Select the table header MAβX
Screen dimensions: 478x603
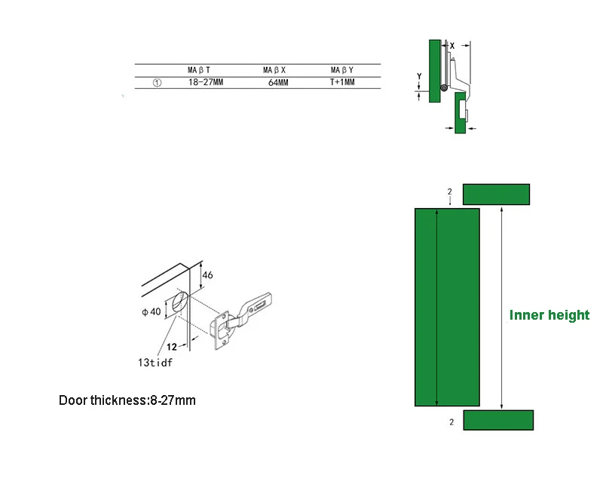point(274,70)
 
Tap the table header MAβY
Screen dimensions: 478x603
point(342,70)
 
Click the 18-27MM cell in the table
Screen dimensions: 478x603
point(206,82)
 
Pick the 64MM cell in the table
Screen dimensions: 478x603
point(278,83)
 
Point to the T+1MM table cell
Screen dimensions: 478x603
point(342,82)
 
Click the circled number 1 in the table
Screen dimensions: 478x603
point(156,83)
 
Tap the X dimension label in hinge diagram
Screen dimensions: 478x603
point(452,46)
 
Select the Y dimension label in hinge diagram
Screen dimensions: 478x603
point(419,76)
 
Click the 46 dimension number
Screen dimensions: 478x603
point(208,275)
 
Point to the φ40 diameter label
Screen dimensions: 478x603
point(151,311)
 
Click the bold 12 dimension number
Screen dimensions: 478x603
point(171,348)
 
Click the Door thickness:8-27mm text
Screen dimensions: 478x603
point(127,400)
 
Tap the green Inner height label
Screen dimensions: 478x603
point(549,315)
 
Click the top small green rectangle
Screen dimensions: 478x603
point(497,194)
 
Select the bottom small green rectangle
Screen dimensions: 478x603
point(497,420)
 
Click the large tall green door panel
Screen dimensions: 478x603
point(447,307)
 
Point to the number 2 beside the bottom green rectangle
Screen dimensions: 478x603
point(451,423)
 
